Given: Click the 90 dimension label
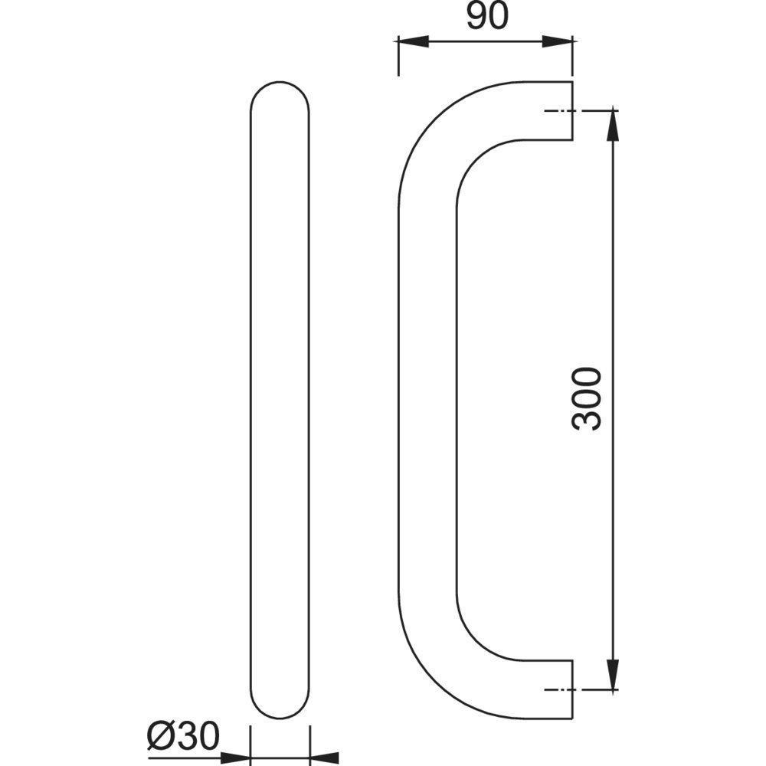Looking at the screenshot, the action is [x=487, y=17].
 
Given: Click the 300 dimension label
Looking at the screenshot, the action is [x=586, y=399].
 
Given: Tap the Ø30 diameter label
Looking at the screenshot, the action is [x=184, y=736].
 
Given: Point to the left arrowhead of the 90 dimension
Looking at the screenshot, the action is [x=414, y=41].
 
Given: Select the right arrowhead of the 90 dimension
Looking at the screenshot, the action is [x=558, y=41].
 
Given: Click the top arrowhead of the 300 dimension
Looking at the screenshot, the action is [x=613, y=126].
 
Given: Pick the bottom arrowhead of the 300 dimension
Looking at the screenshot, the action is [x=613, y=674].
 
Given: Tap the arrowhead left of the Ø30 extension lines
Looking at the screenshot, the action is [x=235, y=758].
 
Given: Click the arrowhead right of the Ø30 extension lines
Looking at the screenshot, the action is [x=324, y=758].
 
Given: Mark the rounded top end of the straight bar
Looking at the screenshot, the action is [x=280, y=83].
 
